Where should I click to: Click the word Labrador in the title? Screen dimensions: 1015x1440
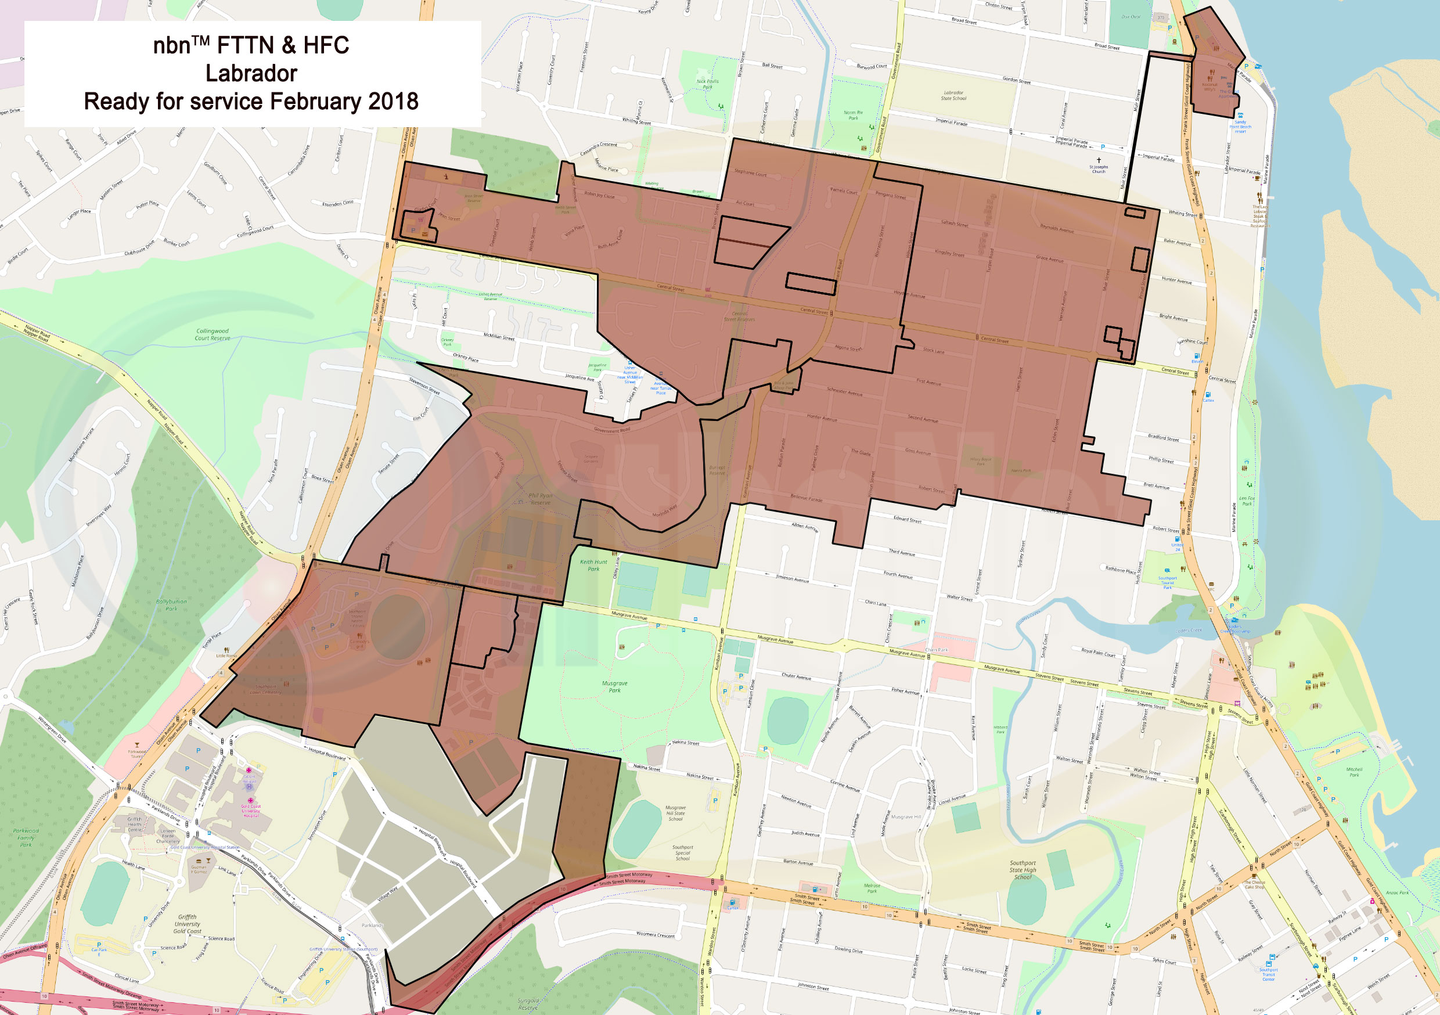pyautogui.click(x=251, y=74)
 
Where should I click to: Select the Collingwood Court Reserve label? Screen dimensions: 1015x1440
pyautogui.click(x=212, y=334)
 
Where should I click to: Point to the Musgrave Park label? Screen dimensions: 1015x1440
pyautogui.click(x=615, y=687)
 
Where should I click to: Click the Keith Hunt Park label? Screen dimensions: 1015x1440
pyautogui.click(x=593, y=565)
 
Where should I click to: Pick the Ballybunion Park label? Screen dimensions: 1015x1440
pyautogui.click(x=171, y=604)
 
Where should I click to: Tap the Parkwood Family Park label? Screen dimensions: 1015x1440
pyautogui.click(x=26, y=837)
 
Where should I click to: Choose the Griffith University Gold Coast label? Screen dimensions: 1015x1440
pyautogui.click(x=187, y=923)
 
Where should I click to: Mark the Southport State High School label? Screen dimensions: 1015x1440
pyautogui.click(x=1023, y=870)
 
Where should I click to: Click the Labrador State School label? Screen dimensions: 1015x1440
pyautogui.click(x=953, y=95)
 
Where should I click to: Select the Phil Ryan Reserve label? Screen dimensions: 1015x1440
pyautogui.click(x=539, y=499)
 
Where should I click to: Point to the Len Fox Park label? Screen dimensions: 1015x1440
pyautogui.click(x=1247, y=501)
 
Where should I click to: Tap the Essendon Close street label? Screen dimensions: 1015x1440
pyautogui.click(x=338, y=203)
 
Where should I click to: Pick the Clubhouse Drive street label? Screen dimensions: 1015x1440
pyautogui.click(x=139, y=248)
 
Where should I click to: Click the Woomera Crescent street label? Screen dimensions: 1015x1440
pyautogui.click(x=655, y=935)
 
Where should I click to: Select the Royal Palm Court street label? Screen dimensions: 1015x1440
pyautogui.click(x=1098, y=653)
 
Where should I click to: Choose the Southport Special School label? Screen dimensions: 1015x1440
pyautogui.click(x=682, y=852)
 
